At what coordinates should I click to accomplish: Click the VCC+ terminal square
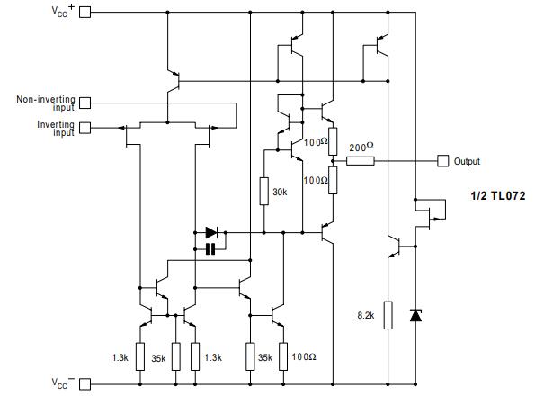[85, 14]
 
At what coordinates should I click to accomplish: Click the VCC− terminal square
[85, 384]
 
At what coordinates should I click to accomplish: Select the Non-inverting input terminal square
[85, 103]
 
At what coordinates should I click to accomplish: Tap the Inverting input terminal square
[85, 128]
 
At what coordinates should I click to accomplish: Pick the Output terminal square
[442, 161]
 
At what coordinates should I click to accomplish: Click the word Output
[467, 162]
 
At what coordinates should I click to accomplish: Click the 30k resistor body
[263, 191]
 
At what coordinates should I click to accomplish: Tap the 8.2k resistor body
[388, 315]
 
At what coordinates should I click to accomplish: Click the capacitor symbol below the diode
[210, 248]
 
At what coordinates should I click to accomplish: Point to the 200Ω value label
[360, 147]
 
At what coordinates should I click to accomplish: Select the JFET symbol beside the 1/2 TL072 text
[435, 210]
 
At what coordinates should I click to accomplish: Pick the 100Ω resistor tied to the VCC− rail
[283, 356]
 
